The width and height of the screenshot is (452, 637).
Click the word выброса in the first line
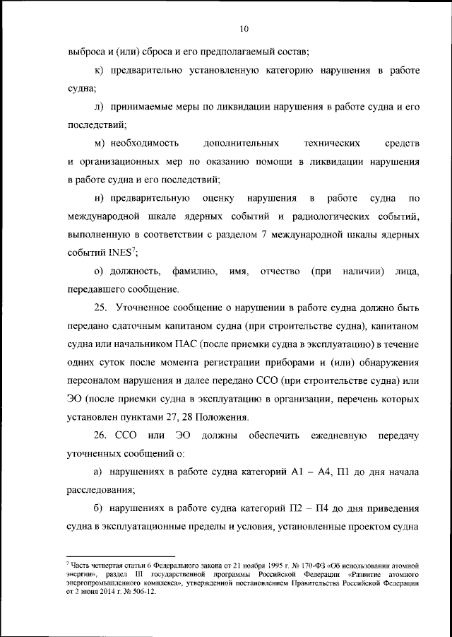point(85,52)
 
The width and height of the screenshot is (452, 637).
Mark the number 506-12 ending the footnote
point(143,592)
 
